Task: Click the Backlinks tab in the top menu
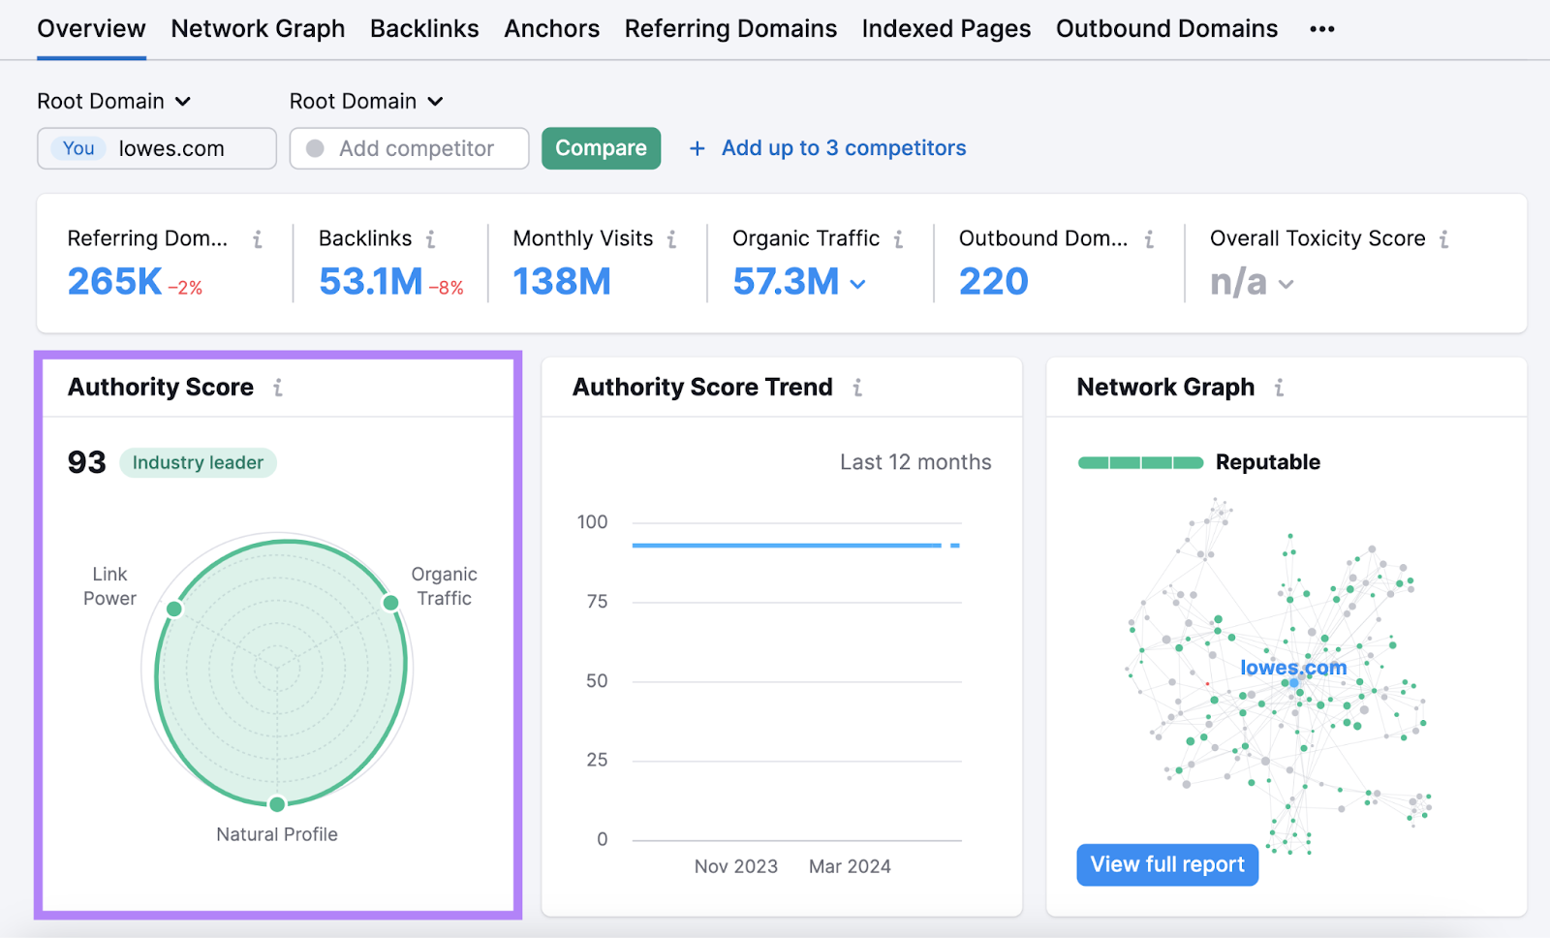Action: click(424, 29)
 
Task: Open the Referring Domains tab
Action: click(730, 29)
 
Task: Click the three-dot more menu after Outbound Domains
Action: click(1321, 29)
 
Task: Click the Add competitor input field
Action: click(417, 148)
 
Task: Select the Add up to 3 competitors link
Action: click(843, 148)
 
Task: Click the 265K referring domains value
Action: click(114, 282)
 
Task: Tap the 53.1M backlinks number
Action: click(370, 282)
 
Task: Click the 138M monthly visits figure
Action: click(562, 282)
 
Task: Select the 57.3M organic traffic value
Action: click(786, 282)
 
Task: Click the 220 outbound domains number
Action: click(993, 282)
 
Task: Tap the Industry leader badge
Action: click(198, 463)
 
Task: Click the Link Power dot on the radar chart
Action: click(174, 609)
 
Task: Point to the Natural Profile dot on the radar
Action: click(277, 804)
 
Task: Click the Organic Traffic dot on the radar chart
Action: click(390, 603)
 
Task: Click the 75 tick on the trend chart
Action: click(597, 602)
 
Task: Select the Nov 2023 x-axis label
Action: click(735, 866)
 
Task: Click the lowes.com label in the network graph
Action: click(1292, 668)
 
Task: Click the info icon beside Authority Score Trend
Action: click(857, 388)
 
